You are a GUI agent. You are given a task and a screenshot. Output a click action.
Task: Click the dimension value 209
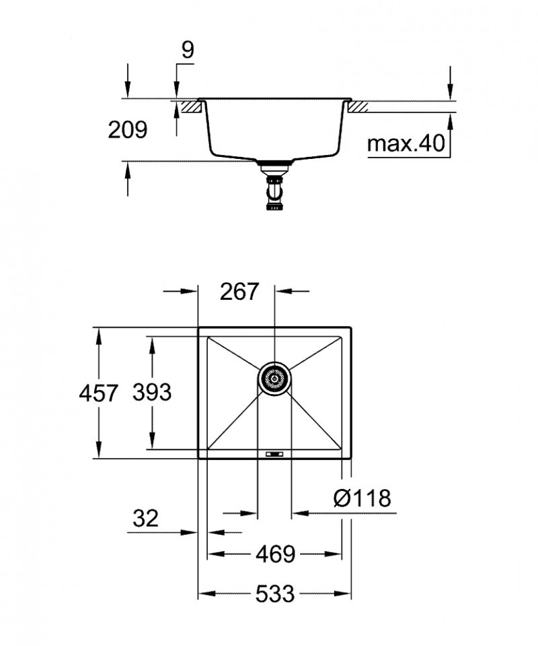(x=127, y=129)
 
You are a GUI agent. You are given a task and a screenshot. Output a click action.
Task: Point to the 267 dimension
(x=239, y=292)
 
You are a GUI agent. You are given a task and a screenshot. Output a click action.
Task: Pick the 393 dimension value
(x=151, y=392)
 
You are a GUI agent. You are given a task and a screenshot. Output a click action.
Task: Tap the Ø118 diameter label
(x=362, y=498)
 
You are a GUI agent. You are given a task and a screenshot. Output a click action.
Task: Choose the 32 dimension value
(x=145, y=518)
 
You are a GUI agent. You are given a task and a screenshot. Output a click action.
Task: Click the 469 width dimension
(x=275, y=554)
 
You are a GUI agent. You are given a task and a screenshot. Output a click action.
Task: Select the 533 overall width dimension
(x=275, y=593)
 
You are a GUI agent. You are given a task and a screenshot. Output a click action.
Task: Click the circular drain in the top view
(x=274, y=379)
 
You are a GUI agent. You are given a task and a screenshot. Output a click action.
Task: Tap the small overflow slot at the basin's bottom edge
(x=274, y=454)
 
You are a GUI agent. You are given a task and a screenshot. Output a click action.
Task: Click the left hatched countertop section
(x=191, y=106)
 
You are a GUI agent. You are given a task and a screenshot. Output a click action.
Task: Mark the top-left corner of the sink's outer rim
(x=198, y=329)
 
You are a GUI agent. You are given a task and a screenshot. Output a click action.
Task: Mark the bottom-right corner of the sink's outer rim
(x=351, y=459)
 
